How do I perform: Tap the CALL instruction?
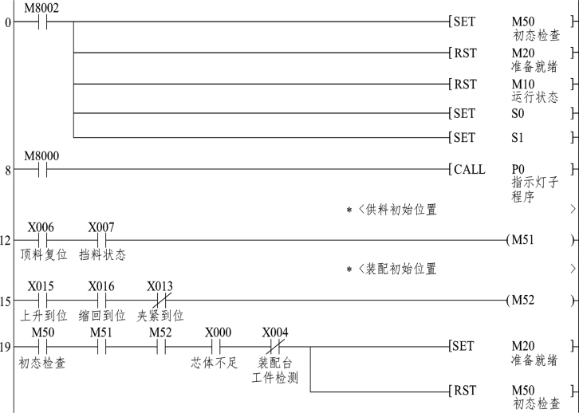tap(468, 170)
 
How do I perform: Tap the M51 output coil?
tap(522, 239)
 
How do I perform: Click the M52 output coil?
tap(522, 301)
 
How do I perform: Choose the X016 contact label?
tap(101, 285)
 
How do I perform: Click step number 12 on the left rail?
tap(7, 240)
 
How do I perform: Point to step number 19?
tap(7, 347)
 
